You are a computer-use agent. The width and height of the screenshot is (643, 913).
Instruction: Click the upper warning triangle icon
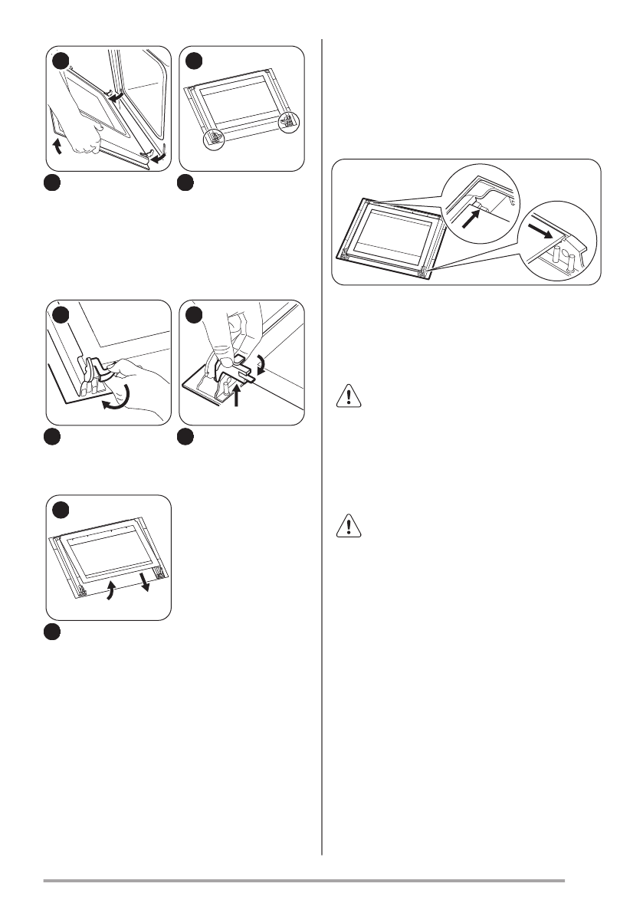click(346, 396)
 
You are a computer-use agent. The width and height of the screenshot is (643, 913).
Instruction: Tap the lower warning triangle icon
click(346, 526)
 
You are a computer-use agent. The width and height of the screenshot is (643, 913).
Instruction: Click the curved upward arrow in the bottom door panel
click(110, 591)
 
